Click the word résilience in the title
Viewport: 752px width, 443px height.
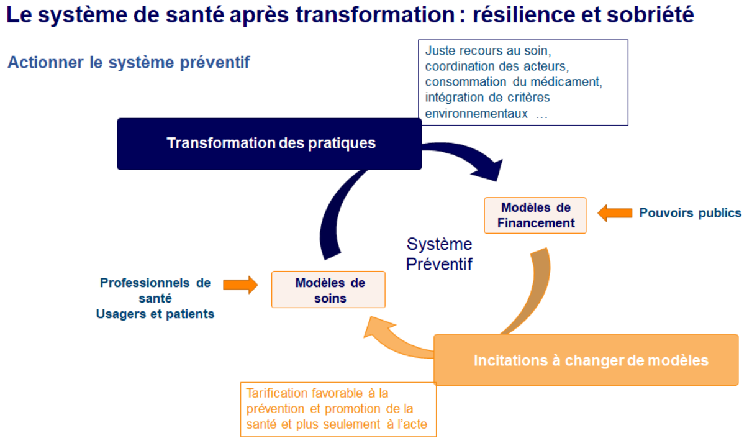point(523,15)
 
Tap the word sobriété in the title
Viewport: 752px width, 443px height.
point(650,15)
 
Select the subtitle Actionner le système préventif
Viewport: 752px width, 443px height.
point(129,63)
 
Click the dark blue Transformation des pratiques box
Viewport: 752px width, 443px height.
point(270,144)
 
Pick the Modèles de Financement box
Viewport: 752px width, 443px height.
point(535,215)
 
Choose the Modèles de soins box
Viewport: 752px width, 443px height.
point(328,290)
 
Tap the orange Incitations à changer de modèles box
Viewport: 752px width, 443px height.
point(586,360)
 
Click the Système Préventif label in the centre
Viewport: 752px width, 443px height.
point(439,254)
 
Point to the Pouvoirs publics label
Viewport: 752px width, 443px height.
point(691,213)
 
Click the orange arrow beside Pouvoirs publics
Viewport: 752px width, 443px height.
point(615,213)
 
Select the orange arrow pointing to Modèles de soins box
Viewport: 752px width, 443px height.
point(240,285)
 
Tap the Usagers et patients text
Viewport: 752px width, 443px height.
point(155,314)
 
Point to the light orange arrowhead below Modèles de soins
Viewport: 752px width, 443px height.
point(378,327)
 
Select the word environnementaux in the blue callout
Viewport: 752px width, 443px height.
point(476,114)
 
